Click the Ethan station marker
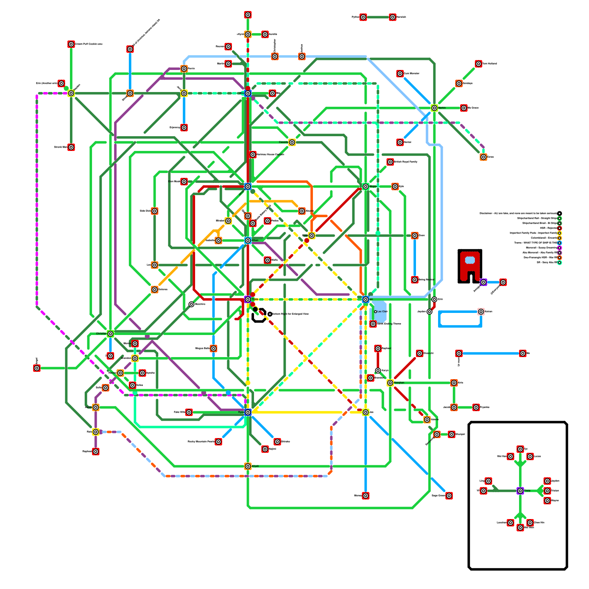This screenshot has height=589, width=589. (x=248, y=240)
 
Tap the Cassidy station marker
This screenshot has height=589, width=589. (x=292, y=142)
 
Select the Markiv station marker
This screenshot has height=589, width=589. (x=434, y=108)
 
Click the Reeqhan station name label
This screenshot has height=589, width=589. (x=399, y=383)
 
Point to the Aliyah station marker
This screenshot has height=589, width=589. (x=248, y=466)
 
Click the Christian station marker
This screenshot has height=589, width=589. (x=110, y=334)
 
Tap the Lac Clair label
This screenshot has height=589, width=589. (x=382, y=311)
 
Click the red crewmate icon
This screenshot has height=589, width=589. (x=470, y=266)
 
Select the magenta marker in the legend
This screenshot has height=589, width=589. (x=560, y=248)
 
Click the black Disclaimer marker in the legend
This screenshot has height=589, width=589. (x=560, y=213)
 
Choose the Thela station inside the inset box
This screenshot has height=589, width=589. (x=520, y=491)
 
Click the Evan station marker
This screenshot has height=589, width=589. (x=312, y=236)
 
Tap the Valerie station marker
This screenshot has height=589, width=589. (x=427, y=420)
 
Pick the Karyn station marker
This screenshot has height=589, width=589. (x=378, y=371)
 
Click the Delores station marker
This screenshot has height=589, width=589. (x=155, y=290)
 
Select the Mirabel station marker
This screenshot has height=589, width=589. (x=228, y=221)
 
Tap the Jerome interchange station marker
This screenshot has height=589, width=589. (x=248, y=187)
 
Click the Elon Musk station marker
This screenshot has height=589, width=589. (x=184, y=181)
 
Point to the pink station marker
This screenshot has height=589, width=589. (x=481, y=312)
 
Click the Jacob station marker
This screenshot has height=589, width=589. (x=454, y=408)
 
